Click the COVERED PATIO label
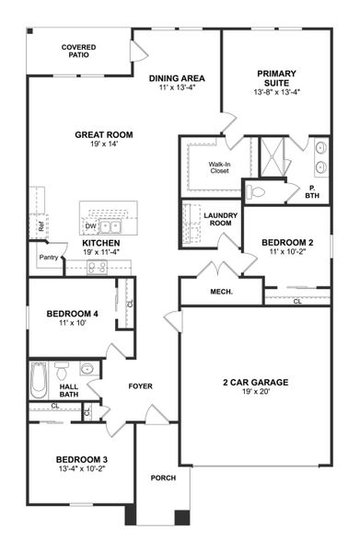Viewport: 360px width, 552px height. coord(78,50)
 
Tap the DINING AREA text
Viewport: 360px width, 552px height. coord(177,79)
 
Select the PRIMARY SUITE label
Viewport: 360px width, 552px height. coord(276,76)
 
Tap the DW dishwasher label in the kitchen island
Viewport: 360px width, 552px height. coord(90,224)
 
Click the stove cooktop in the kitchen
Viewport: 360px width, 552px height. coord(98,267)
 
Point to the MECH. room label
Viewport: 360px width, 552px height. coord(222,293)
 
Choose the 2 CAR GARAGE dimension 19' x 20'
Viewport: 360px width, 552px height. coord(255,394)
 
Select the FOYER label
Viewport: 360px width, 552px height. coord(140,385)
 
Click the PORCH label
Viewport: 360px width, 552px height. coord(163,477)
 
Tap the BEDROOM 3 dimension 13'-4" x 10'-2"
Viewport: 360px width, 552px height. coord(82,469)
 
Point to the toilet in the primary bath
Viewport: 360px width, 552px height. coord(257,192)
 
